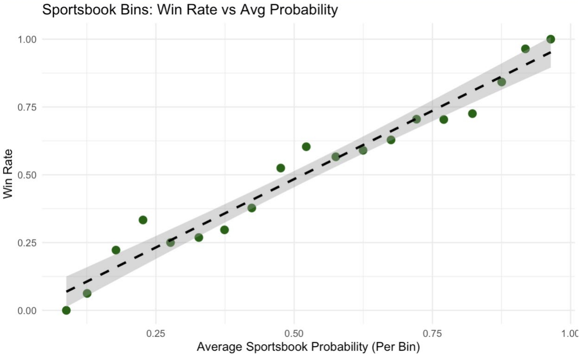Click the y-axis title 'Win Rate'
(8, 174)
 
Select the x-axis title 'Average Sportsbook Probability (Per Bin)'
(308, 347)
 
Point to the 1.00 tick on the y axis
(27, 40)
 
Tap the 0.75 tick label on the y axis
(27, 107)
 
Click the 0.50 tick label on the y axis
(27, 175)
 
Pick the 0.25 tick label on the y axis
(27, 243)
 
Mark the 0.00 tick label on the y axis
(27, 311)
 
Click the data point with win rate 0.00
(66, 310)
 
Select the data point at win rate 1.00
(550, 39)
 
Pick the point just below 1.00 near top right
(525, 49)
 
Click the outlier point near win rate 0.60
(306, 147)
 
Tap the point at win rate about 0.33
(143, 220)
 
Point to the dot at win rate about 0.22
(116, 250)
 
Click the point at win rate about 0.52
(281, 168)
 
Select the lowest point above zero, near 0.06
(87, 294)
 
